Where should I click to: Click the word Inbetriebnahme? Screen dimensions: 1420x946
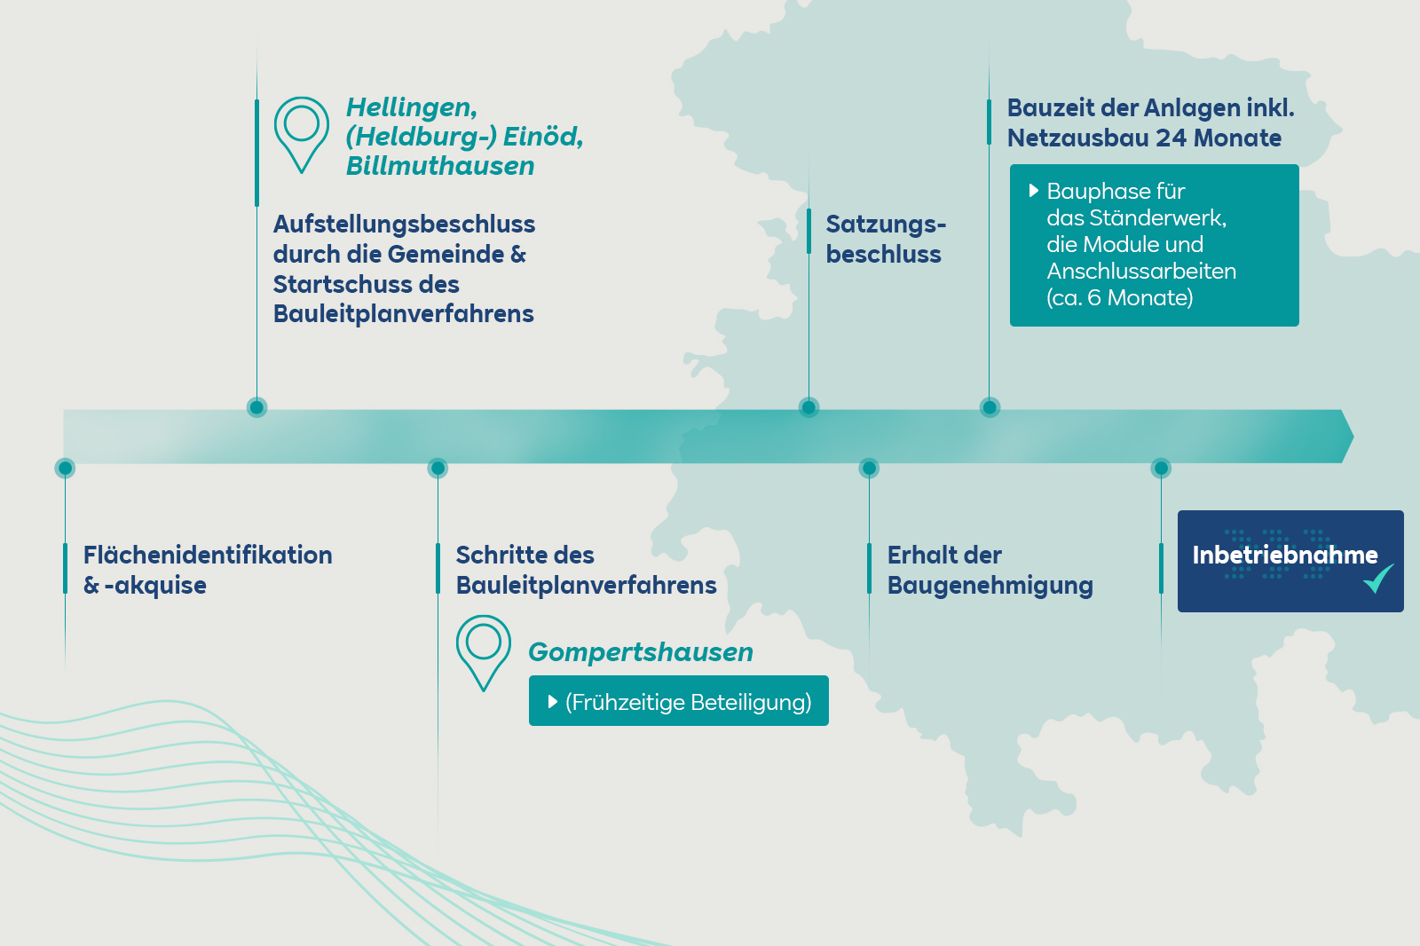point(1284,556)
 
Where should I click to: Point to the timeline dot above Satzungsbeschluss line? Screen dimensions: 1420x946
point(809,407)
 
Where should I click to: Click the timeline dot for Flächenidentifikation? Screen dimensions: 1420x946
point(65,468)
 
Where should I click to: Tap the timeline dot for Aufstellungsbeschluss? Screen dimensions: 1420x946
point(256,407)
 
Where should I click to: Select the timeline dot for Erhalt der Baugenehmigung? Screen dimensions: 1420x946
point(869,468)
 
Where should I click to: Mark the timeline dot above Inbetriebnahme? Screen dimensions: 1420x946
point(1161,468)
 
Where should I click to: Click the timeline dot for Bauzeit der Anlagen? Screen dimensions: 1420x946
point(990,407)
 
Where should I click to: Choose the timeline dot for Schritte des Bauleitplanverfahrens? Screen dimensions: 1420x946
point(438,468)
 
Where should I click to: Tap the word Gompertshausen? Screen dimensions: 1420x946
point(640,652)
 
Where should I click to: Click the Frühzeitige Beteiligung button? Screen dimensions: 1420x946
point(678,701)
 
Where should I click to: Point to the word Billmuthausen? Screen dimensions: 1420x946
point(440,166)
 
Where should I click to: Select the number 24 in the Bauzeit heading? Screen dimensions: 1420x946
point(1171,138)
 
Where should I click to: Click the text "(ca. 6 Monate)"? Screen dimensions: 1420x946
point(1119,298)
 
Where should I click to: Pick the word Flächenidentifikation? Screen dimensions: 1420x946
point(208,556)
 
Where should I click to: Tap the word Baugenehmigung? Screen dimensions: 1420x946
point(990,586)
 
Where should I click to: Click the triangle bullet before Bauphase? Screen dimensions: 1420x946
point(1033,191)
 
